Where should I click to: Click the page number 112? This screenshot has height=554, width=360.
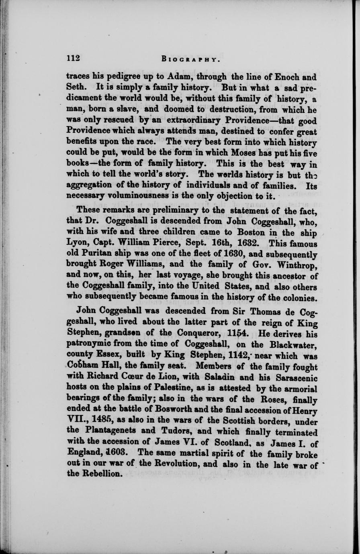[x=73, y=58]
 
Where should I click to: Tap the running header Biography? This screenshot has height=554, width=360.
[x=190, y=59]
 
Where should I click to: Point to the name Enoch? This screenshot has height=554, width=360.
[x=284, y=76]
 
